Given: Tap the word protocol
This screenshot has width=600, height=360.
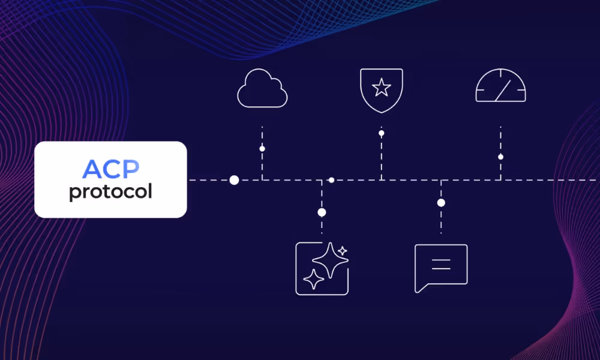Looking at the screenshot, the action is coord(110,192).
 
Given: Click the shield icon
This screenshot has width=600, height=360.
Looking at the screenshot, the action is coord(381,91).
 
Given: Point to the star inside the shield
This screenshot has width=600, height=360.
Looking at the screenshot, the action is coord(381,88).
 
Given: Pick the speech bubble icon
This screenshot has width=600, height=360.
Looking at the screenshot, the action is coord(441,267).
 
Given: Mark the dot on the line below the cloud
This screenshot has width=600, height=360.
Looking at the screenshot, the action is coord(262,148).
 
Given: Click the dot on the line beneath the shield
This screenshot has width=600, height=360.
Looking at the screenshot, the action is coord(381,133).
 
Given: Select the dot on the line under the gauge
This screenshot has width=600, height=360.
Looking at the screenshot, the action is coord(500,157).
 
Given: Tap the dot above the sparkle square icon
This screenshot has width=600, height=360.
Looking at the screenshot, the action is coord(322,212).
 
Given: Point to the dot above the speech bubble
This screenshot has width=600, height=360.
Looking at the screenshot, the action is coord(441,203).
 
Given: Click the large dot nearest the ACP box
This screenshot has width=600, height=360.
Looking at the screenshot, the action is coord(234,180).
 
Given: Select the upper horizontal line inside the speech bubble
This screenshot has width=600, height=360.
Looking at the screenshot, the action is coord(441,259).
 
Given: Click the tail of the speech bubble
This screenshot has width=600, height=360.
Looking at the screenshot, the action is coord(419,289).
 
